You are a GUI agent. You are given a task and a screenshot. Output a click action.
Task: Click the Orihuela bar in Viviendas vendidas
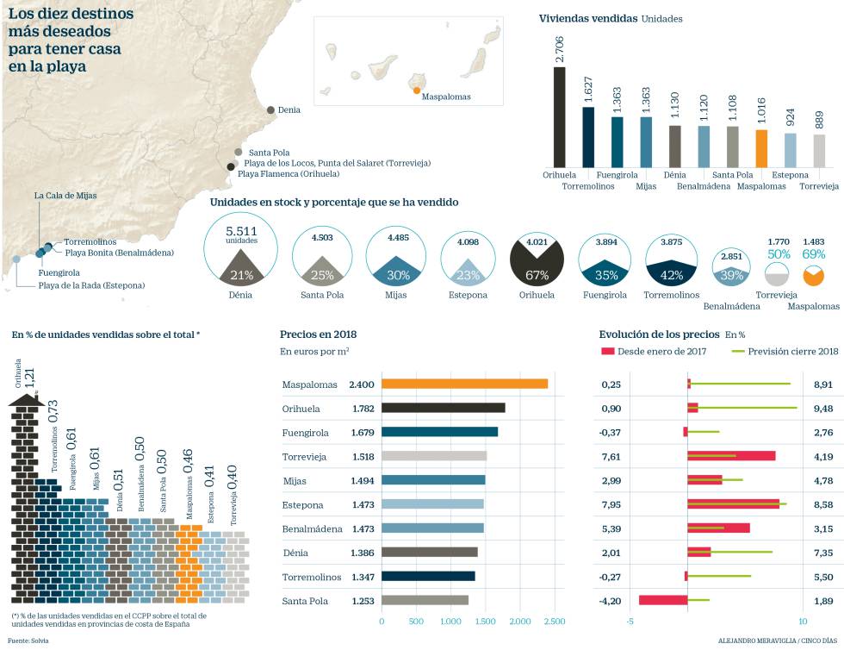coord(559,116)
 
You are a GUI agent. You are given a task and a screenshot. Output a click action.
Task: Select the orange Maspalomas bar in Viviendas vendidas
coord(761,147)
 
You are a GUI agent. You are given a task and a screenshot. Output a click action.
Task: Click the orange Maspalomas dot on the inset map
coord(417,91)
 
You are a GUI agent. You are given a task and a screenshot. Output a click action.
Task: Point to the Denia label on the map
coord(289,110)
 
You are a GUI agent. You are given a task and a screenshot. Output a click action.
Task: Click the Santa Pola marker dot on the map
coord(239,152)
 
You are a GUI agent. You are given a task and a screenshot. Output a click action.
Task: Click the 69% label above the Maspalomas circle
coord(814,255)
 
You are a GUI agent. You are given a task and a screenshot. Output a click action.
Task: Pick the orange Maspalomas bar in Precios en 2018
coord(464,384)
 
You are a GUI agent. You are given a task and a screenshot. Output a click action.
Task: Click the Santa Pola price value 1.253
coord(363,601)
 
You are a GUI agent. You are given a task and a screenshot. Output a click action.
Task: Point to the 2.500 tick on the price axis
coord(554,622)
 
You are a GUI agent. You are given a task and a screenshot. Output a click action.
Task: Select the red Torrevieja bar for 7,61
coord(731,456)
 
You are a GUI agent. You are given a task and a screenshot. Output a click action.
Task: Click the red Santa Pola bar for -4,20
coord(663,601)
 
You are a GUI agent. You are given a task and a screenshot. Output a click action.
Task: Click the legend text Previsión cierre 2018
coord(792,351)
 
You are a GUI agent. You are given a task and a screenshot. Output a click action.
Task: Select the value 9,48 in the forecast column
coord(823,408)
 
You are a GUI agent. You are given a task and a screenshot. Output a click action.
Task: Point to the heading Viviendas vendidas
coord(587,18)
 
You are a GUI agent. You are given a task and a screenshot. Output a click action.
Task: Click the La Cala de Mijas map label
coord(65,196)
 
